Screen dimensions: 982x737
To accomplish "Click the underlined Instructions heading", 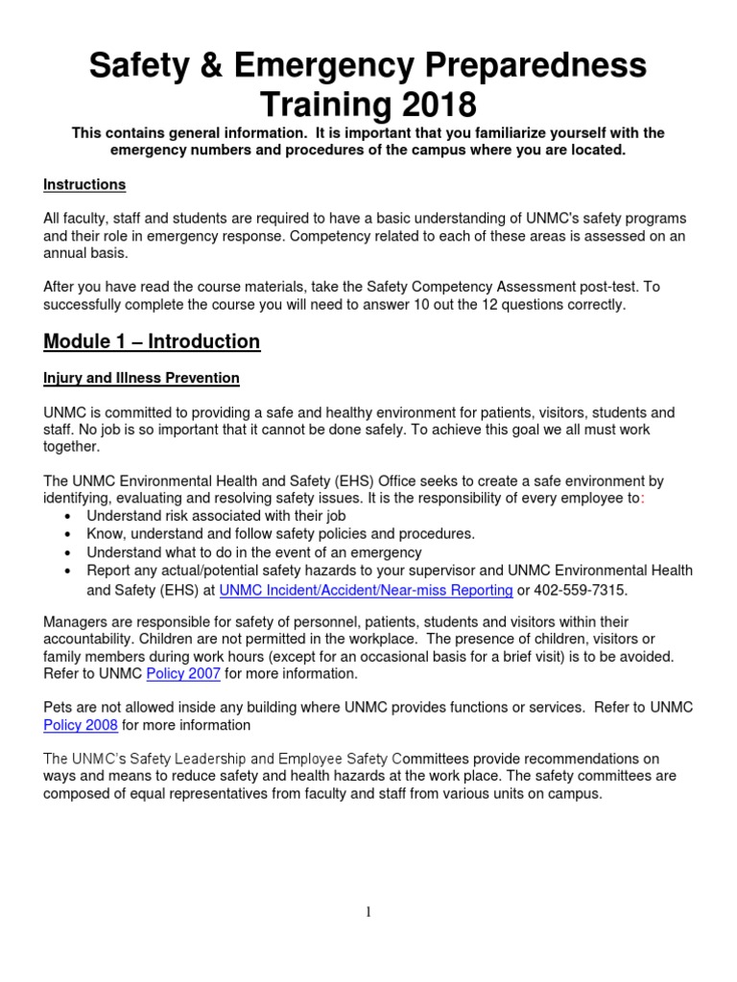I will pyautogui.click(x=84, y=184).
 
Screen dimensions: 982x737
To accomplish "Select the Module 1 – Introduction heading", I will pyautogui.click(x=152, y=341).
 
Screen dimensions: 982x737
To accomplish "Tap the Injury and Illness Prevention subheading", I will pyautogui.click(x=141, y=378).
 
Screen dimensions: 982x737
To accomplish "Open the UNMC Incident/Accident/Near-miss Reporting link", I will pyautogui.click(x=366, y=589).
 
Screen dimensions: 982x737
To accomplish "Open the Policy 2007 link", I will pyautogui.click(x=183, y=673).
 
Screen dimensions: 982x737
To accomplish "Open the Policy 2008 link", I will pyautogui.click(x=81, y=725).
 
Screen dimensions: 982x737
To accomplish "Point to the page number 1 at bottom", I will pyautogui.click(x=368, y=912).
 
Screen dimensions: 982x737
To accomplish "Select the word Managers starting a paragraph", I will pyautogui.click(x=75, y=622).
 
